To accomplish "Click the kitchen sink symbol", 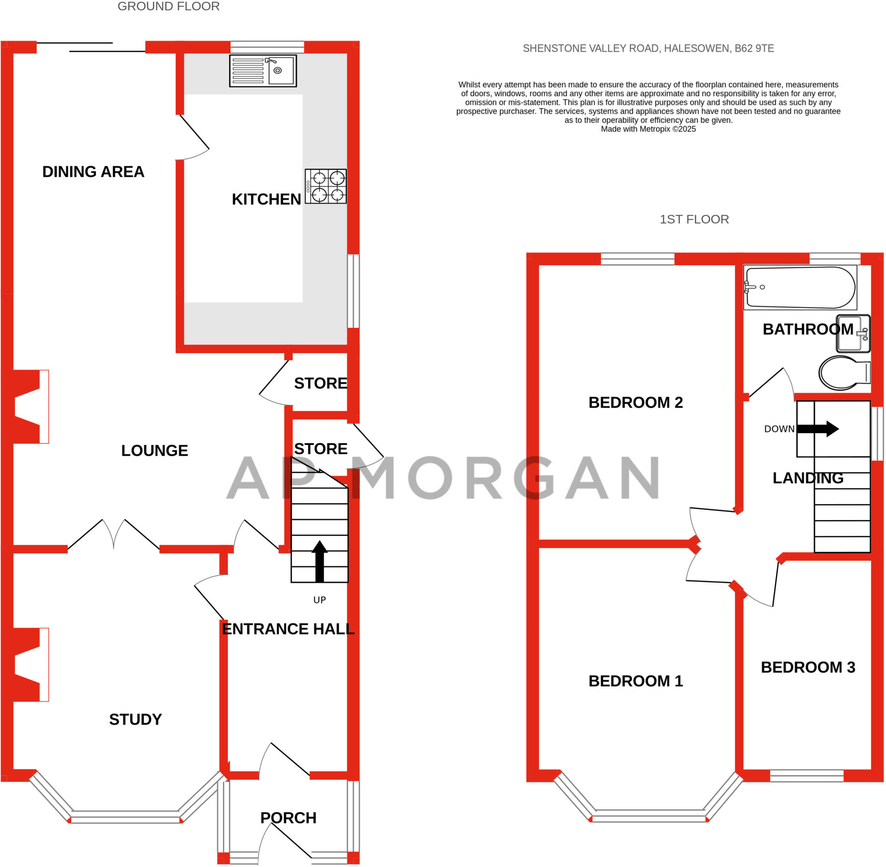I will coord(263,70).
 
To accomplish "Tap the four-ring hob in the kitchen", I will coord(326,186).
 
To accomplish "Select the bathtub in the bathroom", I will coord(800,287).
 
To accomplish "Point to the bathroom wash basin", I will coord(853,334).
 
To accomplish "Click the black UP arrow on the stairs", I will coord(319,561).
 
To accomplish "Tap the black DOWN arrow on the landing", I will coord(818,429).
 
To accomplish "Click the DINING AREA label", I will coord(93,172).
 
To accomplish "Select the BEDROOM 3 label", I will coord(808,667).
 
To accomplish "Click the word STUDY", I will coord(135,719).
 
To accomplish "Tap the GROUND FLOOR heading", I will coord(169,6).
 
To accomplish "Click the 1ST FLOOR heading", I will coord(694,219).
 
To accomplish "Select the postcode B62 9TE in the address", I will coord(754,48).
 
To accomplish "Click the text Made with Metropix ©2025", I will coord(648,129).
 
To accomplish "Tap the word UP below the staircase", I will coord(319,600).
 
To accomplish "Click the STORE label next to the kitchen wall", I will coord(320,383).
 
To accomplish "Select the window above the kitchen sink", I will coord(267,47).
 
